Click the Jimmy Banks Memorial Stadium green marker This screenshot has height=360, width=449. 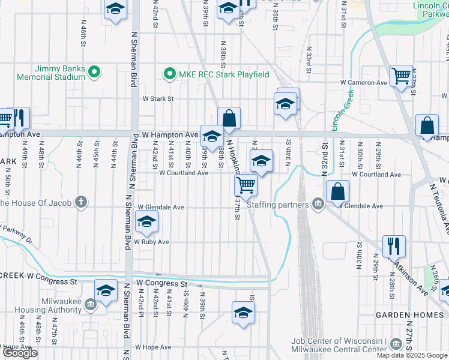coord(94,73)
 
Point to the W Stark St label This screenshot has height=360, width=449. coord(157,98)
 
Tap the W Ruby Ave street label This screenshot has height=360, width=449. coord(151,242)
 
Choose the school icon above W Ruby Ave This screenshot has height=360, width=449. coord(147,223)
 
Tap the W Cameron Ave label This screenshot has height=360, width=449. coord(362,82)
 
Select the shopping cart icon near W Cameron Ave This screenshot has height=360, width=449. coord(400,76)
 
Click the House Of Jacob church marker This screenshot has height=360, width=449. coord(82,202)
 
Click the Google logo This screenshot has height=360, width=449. coord(19,353)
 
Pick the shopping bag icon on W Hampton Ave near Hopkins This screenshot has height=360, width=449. coord(229,118)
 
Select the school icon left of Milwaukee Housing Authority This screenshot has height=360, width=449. coord(106,292)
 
